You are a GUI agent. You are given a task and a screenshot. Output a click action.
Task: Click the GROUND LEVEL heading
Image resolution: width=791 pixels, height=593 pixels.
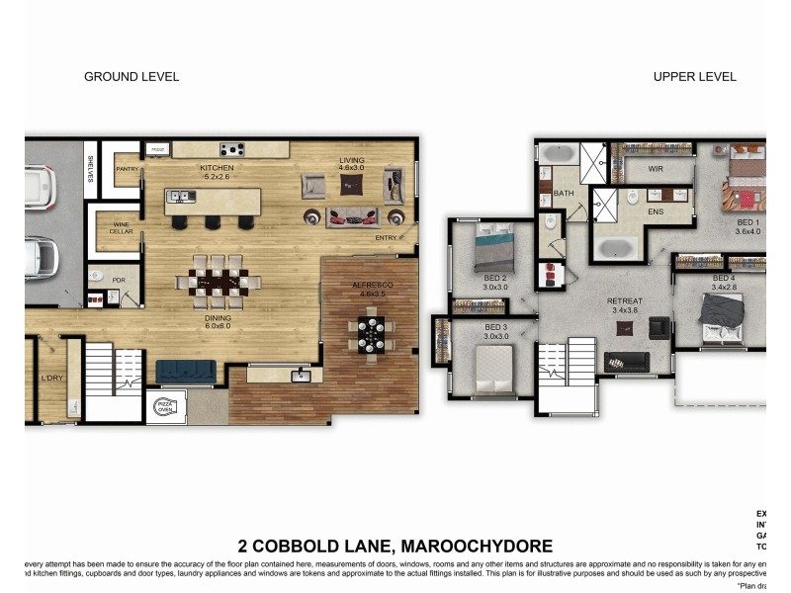tap(132, 76)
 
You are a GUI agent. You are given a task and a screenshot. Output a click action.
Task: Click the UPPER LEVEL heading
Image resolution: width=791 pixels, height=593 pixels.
tap(694, 76)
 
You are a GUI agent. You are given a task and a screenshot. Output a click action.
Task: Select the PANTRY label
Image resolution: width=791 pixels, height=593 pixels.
tap(127, 169)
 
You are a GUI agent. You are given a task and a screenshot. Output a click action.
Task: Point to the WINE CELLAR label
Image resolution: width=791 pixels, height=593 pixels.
tap(121, 228)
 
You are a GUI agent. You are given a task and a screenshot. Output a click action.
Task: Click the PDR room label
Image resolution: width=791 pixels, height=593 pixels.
tap(119, 280)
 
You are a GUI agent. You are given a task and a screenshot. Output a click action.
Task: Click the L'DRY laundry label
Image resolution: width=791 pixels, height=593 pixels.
tap(51, 379)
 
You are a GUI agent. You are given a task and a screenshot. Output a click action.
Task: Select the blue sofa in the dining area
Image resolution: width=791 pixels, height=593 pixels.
tap(186, 371)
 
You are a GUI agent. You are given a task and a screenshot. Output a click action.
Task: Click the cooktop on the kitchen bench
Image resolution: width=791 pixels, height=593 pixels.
tap(232, 149)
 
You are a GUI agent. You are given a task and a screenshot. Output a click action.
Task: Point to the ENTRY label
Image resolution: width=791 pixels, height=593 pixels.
tap(387, 237)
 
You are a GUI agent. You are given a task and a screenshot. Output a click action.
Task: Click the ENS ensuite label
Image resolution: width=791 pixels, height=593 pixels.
tap(655, 212)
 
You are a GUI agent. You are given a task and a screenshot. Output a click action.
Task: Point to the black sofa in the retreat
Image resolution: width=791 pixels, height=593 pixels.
tap(627, 362)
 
